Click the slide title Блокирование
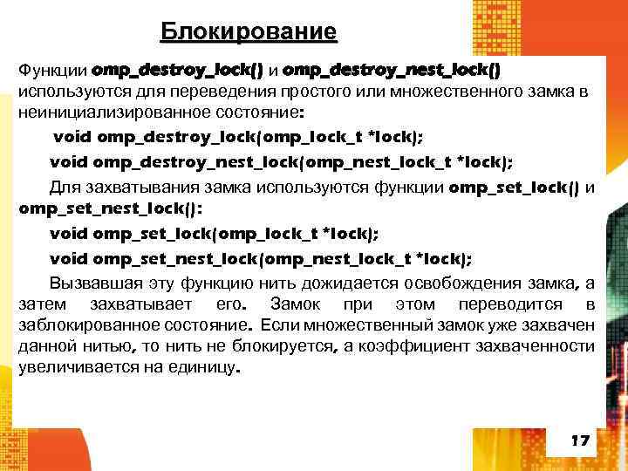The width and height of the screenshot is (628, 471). pyautogui.click(x=249, y=33)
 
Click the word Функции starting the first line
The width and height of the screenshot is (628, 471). pyautogui.click(x=51, y=69)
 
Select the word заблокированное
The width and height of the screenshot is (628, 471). pyautogui.click(x=89, y=325)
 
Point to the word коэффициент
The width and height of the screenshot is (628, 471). pyautogui.click(x=420, y=346)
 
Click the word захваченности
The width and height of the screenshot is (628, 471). pyautogui.click(x=543, y=346)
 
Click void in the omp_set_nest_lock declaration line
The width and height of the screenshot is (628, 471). pyautogui.click(x=68, y=258)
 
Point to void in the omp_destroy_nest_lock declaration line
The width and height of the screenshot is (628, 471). pyautogui.click(x=68, y=162)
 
